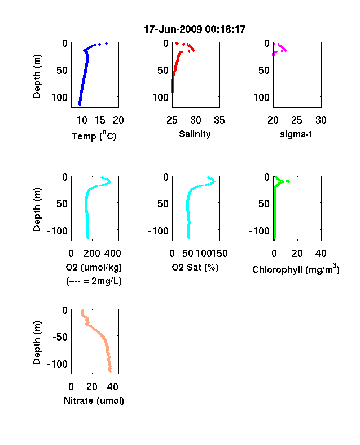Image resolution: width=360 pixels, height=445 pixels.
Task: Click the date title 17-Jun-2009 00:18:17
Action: pos(195,29)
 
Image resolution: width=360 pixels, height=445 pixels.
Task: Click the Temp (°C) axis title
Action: pos(94,136)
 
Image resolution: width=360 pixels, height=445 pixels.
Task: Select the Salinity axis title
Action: pos(195,134)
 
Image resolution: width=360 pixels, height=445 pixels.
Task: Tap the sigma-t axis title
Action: pos(296,134)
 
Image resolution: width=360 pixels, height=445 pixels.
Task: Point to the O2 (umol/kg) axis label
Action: pos(94,267)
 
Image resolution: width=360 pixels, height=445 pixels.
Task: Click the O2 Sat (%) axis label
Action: pos(195,267)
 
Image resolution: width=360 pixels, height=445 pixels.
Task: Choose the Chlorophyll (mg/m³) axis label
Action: pos(296,269)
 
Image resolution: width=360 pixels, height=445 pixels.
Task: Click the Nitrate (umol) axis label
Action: pos(94,401)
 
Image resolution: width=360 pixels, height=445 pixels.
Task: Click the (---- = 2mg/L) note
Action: pos(94,281)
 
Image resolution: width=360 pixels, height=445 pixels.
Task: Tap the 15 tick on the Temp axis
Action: pos(100,120)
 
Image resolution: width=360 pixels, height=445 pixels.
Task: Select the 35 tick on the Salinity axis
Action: pos(219,120)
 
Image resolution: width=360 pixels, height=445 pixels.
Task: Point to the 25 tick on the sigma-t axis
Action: pos(297,120)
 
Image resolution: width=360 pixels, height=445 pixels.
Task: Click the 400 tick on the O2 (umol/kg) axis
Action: pos(113,254)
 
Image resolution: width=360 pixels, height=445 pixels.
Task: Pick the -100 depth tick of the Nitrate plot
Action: pos(58,364)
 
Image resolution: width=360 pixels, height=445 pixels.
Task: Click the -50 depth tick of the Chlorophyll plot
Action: pos(262,203)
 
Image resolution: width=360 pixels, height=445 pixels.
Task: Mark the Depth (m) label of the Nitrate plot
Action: pos(37,343)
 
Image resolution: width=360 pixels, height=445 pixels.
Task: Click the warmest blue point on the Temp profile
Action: pos(106,43)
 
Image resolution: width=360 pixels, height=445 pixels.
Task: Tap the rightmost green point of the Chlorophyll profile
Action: pos(288,181)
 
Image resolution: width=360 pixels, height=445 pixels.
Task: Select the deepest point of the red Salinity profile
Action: pos(172,91)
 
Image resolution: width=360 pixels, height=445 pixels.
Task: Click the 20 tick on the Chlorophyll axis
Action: pos(297,254)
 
